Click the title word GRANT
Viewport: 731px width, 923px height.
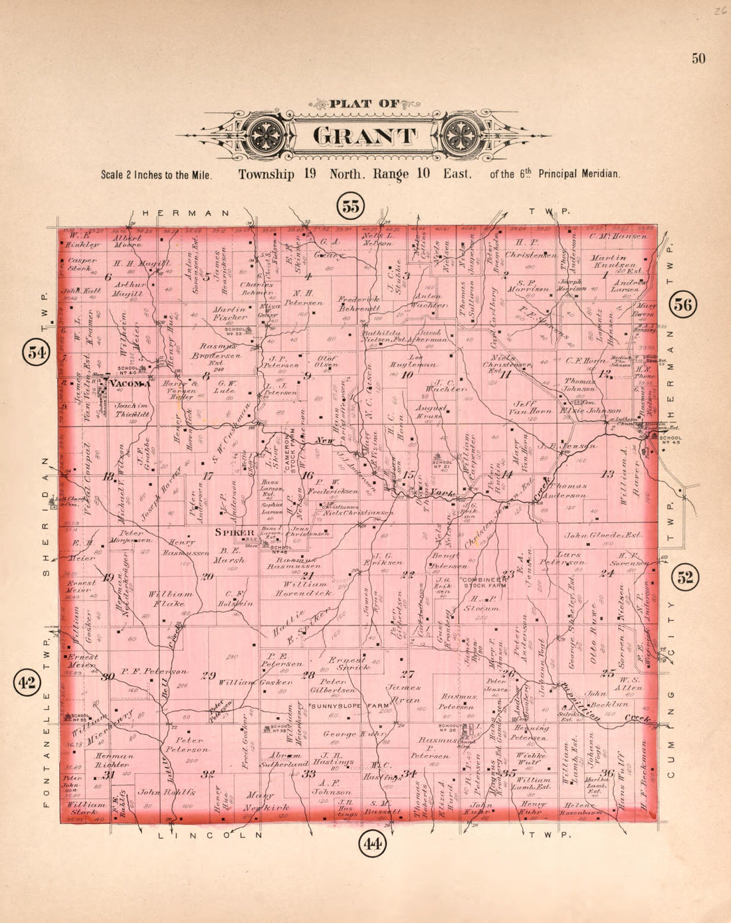coord(365,135)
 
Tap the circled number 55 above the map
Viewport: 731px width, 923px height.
coord(350,205)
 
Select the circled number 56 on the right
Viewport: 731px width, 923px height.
coord(683,305)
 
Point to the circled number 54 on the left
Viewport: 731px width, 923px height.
coord(35,353)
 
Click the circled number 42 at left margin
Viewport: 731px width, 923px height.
coord(28,682)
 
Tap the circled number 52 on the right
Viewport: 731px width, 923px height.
coord(685,577)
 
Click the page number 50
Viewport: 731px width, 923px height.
coord(698,58)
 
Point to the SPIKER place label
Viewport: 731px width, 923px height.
coord(235,533)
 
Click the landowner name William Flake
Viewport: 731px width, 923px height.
coord(171,599)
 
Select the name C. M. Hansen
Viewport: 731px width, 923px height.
coord(617,236)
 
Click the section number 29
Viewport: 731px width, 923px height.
coord(209,676)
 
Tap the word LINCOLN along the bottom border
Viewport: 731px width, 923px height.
coord(210,835)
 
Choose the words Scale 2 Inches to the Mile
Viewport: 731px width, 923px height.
coord(156,175)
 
